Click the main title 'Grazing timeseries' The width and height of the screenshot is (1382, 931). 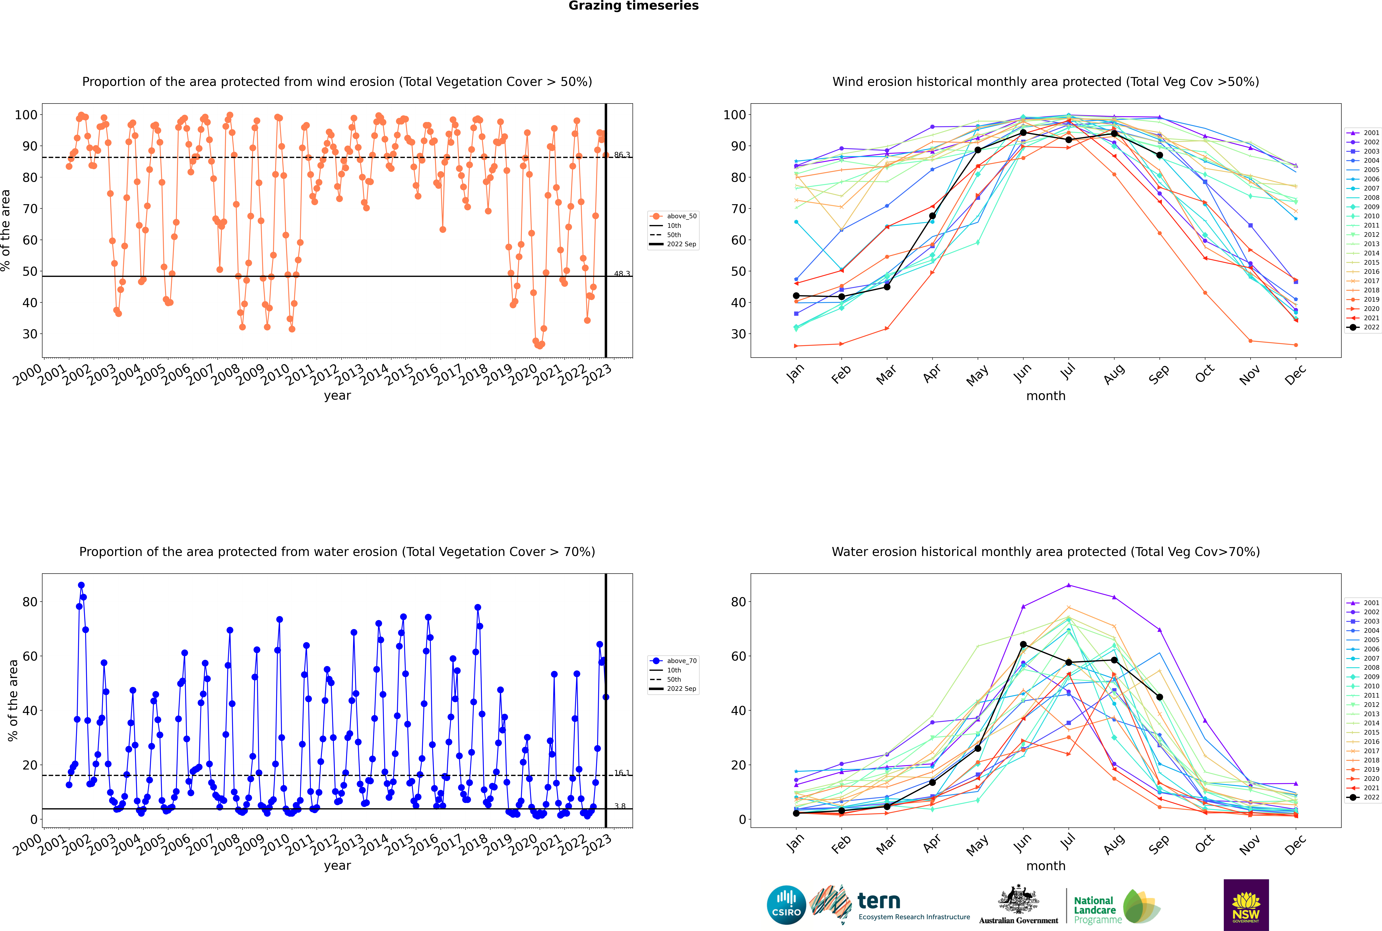coord(633,6)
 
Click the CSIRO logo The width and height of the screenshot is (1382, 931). coord(786,905)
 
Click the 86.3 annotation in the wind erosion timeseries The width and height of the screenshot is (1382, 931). coord(622,155)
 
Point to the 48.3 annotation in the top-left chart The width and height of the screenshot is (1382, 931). coord(622,274)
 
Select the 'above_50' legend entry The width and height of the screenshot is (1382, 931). coord(673,216)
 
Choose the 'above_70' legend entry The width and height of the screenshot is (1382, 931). coord(673,661)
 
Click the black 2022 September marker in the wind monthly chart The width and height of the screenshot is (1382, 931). coord(1159,155)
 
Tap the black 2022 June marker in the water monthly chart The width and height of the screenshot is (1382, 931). coord(1023,644)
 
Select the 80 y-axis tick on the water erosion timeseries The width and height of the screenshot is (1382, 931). coord(30,602)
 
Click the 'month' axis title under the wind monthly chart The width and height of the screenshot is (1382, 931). coord(1046,396)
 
